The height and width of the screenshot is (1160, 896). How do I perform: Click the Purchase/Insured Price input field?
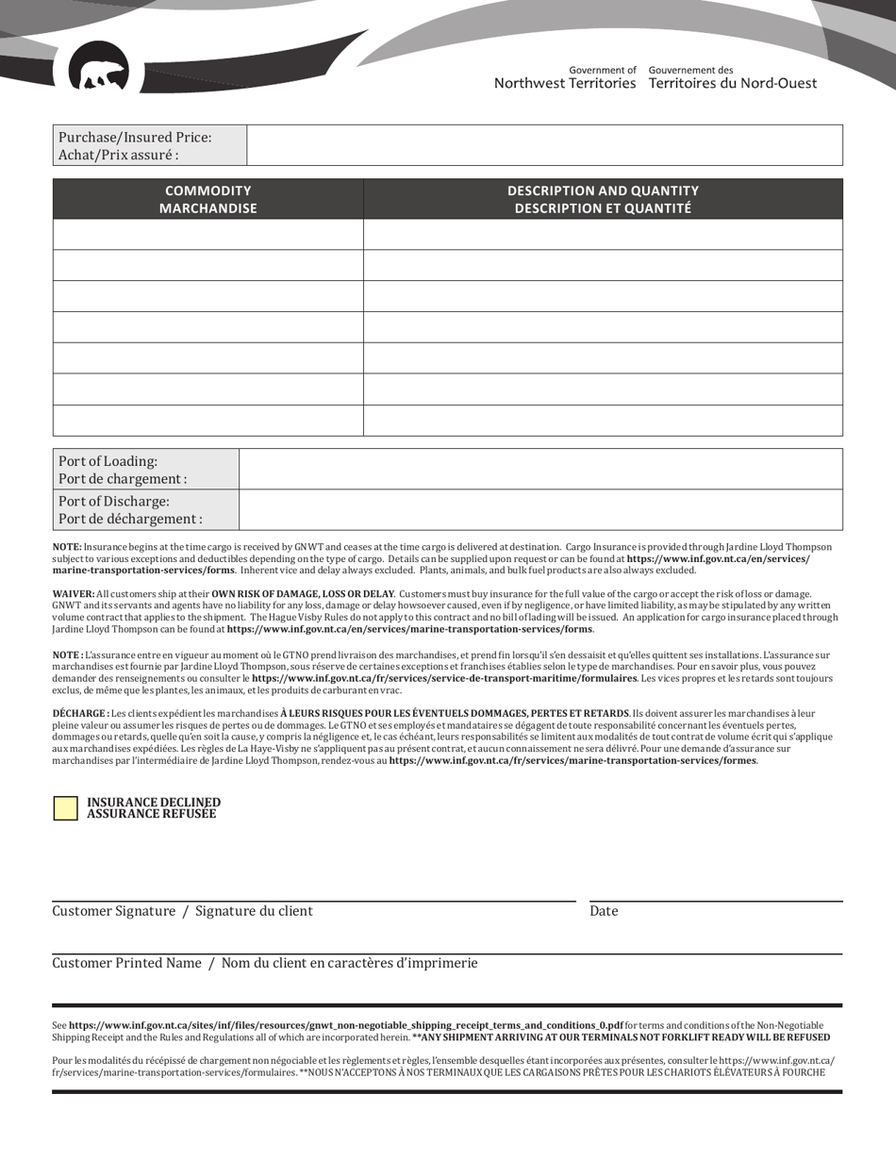(544, 145)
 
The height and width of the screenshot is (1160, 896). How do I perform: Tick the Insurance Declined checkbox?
(65, 808)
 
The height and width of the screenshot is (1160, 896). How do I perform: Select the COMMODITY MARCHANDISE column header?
(207, 199)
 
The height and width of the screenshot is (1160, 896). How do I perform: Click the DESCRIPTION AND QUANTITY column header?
(603, 199)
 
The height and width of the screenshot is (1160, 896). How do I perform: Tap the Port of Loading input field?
(540, 469)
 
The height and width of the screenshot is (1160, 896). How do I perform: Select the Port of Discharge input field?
(540, 509)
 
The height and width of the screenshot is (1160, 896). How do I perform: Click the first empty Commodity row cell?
(207, 234)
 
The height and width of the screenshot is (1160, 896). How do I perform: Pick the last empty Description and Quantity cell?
(603, 421)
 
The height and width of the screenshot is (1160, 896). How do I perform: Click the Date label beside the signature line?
(604, 911)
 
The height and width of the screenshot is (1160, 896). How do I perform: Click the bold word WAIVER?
(74, 594)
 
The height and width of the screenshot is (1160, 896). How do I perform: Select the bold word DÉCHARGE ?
(80, 688)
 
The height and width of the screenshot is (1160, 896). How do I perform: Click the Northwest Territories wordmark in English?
(565, 83)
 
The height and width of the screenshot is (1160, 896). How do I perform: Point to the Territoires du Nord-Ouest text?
(733, 83)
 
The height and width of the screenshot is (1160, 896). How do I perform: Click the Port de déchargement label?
(130, 519)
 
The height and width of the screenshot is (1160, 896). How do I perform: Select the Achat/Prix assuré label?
(118, 155)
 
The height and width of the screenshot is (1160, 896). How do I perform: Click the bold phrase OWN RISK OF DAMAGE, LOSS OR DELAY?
(302, 594)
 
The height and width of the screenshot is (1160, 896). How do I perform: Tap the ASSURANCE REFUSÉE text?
(151, 814)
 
